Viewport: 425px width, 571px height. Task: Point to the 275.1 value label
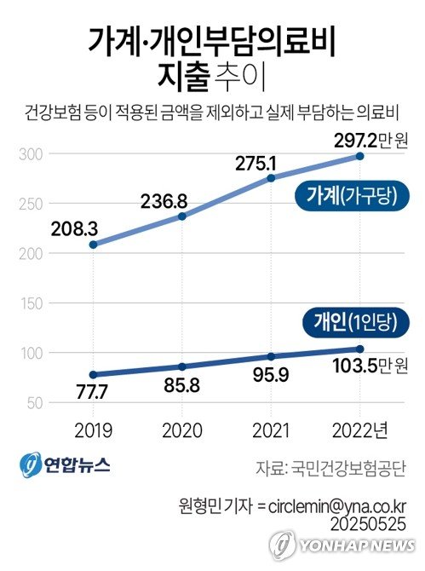click(x=254, y=160)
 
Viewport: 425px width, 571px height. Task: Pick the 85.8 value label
click(x=181, y=385)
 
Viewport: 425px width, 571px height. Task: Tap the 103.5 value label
click(x=358, y=367)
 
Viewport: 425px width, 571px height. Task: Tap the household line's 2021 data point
click(x=272, y=178)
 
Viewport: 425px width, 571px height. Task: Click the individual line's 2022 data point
click(x=360, y=349)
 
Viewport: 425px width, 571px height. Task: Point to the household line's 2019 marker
click(x=92, y=245)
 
